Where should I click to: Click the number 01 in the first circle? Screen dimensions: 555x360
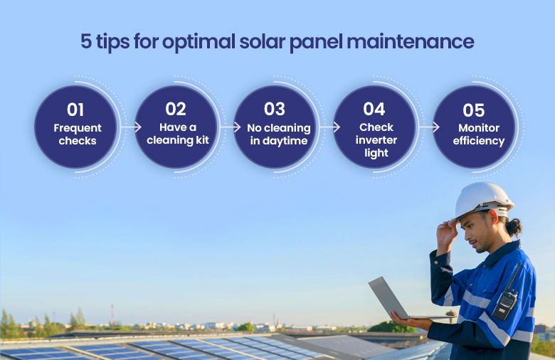coord(75,110)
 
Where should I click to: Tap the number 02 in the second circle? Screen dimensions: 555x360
coord(176,109)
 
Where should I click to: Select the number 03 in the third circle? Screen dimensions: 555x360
coord(275,109)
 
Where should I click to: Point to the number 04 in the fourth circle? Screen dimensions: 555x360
coord(374,109)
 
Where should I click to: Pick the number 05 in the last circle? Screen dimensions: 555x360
coord(474,110)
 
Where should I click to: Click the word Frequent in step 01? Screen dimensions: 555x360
coord(78,128)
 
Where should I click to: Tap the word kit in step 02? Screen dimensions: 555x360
coord(202,140)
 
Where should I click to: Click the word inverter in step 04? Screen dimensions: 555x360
coord(376,140)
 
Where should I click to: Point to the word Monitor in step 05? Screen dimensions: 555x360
coord(479,128)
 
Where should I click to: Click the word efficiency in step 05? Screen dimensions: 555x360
coord(479,141)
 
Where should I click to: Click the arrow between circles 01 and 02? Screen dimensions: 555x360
coord(131,127)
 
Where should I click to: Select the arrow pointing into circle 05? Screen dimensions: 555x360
coord(429,127)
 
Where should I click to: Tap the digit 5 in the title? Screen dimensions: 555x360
coord(86,41)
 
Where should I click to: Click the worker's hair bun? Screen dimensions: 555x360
coord(514,227)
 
